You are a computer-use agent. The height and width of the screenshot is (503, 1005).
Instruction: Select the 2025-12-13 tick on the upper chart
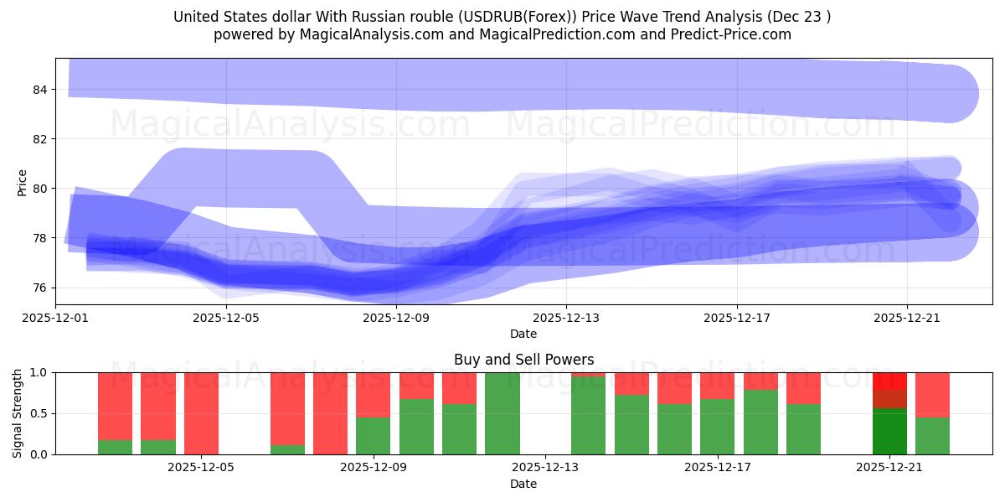566,318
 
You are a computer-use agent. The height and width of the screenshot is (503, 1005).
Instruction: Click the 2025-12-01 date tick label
56,318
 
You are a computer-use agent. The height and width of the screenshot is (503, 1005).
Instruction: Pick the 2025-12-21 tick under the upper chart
907,318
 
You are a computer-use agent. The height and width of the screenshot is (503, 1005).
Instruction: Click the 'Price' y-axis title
22,182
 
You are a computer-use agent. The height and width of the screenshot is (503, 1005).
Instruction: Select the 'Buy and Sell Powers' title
523,360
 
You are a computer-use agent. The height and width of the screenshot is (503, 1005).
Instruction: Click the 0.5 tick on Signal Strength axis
40,413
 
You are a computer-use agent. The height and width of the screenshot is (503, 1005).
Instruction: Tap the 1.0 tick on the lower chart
40,372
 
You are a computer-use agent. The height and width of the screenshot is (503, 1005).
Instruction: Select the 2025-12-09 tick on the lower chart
374,466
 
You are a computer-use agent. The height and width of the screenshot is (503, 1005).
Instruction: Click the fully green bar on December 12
502,413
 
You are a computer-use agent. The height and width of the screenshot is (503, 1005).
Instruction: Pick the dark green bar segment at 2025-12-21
889,432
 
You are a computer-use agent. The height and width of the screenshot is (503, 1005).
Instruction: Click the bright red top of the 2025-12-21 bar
889,380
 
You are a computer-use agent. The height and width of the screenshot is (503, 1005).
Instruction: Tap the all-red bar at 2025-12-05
201,413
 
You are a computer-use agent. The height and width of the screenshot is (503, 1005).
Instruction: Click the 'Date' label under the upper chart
523,334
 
